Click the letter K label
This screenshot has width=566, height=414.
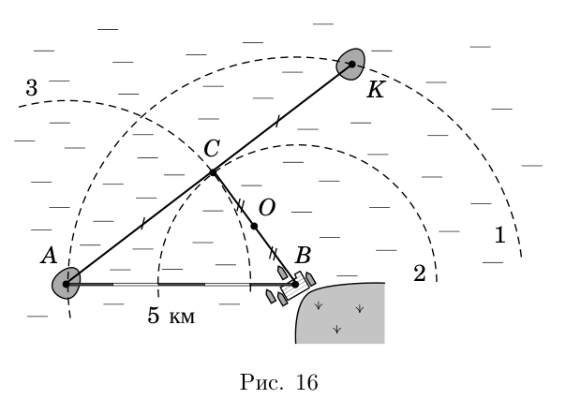coord(376,90)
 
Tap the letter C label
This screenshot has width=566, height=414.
coord(212,148)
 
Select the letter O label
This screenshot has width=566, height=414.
coord(267,208)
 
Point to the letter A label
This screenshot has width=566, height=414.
coord(49,256)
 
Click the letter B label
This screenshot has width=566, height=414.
coord(303,255)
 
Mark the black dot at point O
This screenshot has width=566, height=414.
coord(254,227)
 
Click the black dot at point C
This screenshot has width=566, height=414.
coord(213,172)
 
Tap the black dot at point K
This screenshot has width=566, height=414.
coord(352,65)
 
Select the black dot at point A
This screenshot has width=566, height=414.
coord(66,285)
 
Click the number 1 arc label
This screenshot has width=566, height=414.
coord(500,235)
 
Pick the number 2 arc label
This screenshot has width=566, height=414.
coord(420,274)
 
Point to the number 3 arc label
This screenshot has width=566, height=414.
coord(32,88)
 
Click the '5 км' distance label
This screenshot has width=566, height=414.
coord(171,316)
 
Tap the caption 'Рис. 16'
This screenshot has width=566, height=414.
coord(279,382)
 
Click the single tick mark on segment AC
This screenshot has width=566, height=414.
coord(143,224)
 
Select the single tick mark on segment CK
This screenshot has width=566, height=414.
coord(277,121)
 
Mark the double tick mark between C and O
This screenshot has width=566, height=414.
coord(240,206)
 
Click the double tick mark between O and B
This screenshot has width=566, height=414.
coord(274,254)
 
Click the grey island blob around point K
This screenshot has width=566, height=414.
coord(350,64)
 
